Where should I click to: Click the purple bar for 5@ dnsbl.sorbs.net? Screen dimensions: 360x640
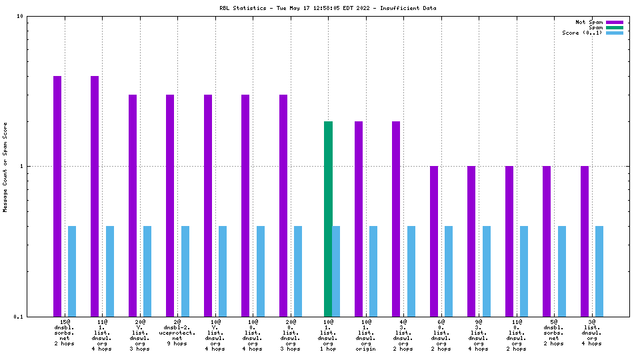[x=547, y=241]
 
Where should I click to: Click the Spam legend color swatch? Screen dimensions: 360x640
[x=614, y=27]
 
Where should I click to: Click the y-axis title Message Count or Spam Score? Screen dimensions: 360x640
[x=5, y=167]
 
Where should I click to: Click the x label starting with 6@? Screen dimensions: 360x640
[x=441, y=333]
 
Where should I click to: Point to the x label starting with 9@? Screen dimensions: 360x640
[x=478, y=333]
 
